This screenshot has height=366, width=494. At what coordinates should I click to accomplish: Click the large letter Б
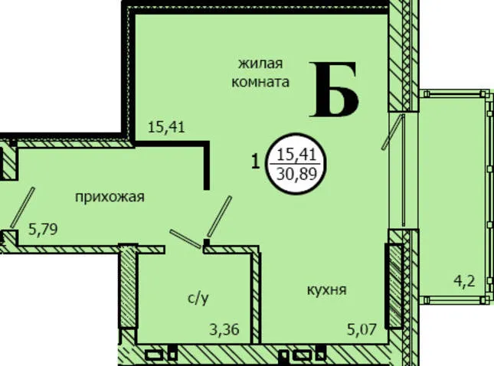(x=334, y=90)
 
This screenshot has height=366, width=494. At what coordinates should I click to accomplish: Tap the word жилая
(x=260, y=64)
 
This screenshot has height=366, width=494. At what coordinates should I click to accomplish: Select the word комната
(x=260, y=82)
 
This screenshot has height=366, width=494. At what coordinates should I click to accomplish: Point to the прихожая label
(x=110, y=198)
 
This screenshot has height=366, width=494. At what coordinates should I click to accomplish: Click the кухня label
(x=327, y=289)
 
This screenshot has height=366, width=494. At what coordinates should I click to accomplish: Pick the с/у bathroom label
(x=198, y=298)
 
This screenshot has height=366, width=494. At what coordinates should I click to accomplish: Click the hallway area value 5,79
(x=43, y=229)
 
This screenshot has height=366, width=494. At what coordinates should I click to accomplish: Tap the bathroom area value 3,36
(x=224, y=330)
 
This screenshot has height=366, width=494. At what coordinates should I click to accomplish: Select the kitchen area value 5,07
(x=362, y=330)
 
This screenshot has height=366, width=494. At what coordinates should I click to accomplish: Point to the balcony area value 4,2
(x=464, y=281)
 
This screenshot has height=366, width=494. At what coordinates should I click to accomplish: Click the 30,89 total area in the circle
(x=296, y=173)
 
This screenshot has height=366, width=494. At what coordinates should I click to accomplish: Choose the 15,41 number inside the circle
(x=296, y=155)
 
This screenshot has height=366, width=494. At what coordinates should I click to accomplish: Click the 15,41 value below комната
(x=166, y=128)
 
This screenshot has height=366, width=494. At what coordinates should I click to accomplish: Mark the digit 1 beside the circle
(x=256, y=162)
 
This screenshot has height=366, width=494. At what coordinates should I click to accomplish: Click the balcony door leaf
(x=393, y=132)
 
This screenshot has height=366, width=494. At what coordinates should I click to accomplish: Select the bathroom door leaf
(x=185, y=238)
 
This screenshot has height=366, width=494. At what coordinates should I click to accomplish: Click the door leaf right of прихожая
(x=219, y=217)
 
